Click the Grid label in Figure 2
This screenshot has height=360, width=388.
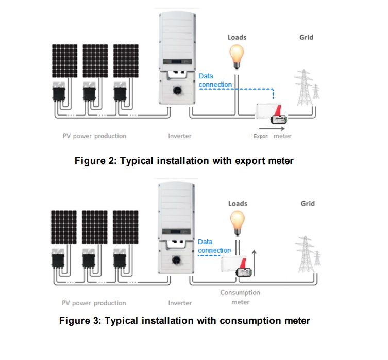[307, 38]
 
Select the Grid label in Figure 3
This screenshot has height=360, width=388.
[308, 204]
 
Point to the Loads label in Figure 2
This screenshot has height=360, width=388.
[237, 38]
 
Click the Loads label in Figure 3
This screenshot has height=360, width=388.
[238, 204]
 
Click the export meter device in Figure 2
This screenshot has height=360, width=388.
[271, 113]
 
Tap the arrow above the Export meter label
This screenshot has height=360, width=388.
[272, 128]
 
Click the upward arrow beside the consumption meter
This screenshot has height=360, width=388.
[254, 263]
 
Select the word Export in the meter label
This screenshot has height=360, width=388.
[261, 136]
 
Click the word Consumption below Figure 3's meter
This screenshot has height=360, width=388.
[240, 293]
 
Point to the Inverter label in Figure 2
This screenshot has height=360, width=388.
[180, 136]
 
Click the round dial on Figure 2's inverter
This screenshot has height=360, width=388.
[177, 90]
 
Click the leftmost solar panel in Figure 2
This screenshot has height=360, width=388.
[64, 61]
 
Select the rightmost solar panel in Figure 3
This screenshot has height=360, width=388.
[125, 227]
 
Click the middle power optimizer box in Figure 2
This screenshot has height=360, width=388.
[89, 92]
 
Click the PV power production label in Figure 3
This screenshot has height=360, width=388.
[94, 303]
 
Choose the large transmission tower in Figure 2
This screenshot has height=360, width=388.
[304, 88]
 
